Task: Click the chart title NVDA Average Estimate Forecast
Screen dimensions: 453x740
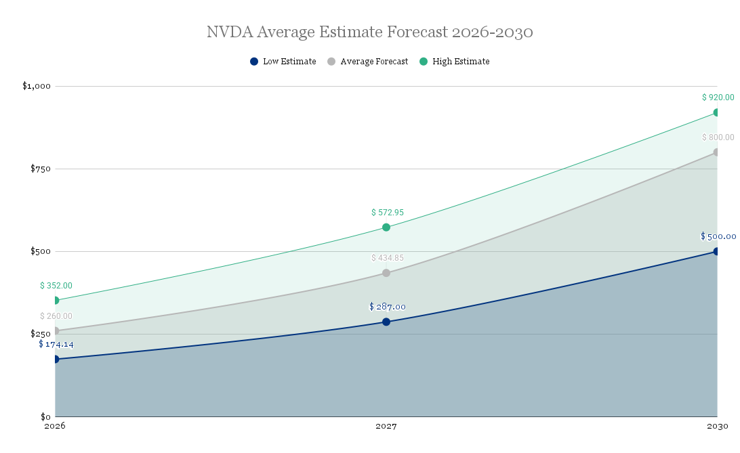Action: pyautogui.click(x=369, y=33)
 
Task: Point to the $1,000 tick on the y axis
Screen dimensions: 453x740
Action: pyautogui.click(x=37, y=86)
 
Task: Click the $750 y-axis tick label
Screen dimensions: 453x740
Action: pyautogui.click(x=41, y=169)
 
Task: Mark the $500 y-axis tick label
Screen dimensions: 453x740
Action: pyautogui.click(x=41, y=251)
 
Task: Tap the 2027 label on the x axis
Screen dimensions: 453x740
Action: pyautogui.click(x=386, y=427)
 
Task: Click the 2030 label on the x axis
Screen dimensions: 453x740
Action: pyautogui.click(x=718, y=427)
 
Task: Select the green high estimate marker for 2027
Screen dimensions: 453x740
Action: pyautogui.click(x=386, y=228)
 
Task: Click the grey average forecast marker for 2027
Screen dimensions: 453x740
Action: pyautogui.click(x=386, y=273)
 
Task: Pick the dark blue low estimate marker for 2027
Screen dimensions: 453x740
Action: pyautogui.click(x=386, y=322)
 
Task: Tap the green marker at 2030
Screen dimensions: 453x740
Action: pyautogui.click(x=716, y=112)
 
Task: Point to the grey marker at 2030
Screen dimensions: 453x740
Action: pyautogui.click(x=716, y=152)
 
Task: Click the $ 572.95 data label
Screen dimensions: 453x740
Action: pyautogui.click(x=387, y=213)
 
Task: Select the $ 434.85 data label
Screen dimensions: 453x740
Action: pyautogui.click(x=387, y=258)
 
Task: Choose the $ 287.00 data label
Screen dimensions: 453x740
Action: pyautogui.click(x=387, y=307)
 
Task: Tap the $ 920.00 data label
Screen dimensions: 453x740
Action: pyautogui.click(x=718, y=98)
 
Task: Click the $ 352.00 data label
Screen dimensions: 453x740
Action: pyautogui.click(x=56, y=286)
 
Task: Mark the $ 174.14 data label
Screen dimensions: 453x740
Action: pyautogui.click(x=56, y=344)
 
